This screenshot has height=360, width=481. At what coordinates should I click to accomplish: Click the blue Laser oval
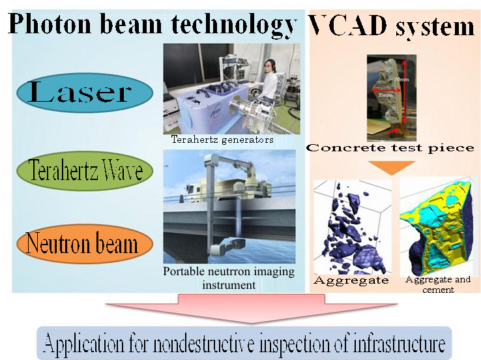pyautogui.click(x=85, y=93)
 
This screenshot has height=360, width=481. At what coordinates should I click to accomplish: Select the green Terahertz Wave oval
pyautogui.click(x=85, y=171)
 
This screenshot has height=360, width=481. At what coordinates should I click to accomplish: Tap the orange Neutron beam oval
pyautogui.click(x=85, y=244)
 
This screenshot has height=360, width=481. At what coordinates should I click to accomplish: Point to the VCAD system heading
pyautogui.click(x=392, y=26)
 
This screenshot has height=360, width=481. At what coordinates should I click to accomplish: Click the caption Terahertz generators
pyautogui.click(x=222, y=140)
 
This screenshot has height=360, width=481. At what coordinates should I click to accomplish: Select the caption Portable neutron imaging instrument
pyautogui.click(x=229, y=278)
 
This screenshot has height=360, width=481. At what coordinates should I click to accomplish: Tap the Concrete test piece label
pyautogui.click(x=390, y=148)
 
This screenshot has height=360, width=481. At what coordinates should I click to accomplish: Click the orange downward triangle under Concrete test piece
pyautogui.click(x=392, y=168)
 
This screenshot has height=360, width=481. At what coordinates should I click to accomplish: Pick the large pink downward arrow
pyautogui.click(x=251, y=308)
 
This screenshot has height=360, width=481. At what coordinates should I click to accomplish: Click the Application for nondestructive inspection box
pyautogui.click(x=244, y=343)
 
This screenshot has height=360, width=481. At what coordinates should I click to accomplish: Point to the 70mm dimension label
pyautogui.click(x=401, y=80)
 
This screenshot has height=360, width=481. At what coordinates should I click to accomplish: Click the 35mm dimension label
pyautogui.click(x=385, y=95)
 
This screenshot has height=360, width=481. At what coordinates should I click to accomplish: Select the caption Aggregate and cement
pyautogui.click(x=438, y=284)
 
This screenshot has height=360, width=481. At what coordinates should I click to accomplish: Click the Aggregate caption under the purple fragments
pyautogui.click(x=351, y=280)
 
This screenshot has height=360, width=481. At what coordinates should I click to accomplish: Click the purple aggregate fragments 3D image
pyautogui.click(x=353, y=227)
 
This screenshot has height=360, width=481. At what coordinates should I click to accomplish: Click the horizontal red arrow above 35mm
pyautogui.click(x=387, y=90)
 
